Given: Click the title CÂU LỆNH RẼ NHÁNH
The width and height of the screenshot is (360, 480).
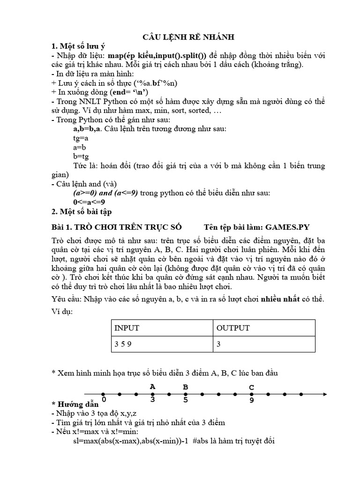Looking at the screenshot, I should pos(181,37).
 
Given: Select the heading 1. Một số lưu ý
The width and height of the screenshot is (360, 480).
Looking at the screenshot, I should pos(78,46).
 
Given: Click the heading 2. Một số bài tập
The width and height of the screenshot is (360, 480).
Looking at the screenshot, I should pos(81,211).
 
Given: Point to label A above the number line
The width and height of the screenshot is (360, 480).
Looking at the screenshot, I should pos(152,387).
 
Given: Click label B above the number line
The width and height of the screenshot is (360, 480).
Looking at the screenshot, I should pos(185,387).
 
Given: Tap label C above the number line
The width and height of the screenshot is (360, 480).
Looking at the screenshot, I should pos(251,387).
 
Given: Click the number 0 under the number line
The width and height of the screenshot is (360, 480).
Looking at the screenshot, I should pos(103,399).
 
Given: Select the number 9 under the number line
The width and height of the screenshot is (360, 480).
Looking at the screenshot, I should pos(252,400).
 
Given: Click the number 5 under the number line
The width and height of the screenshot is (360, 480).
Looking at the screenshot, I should pos(185,400).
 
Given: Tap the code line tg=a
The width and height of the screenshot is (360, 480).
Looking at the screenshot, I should pos(81,139).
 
